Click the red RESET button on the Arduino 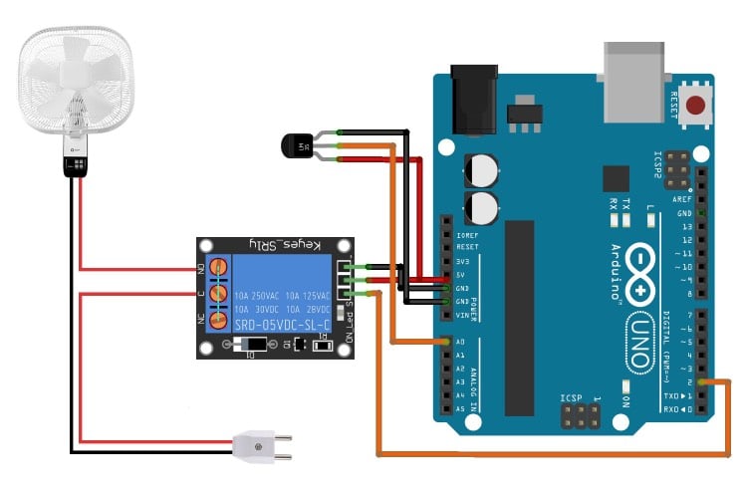pyautogui.click(x=696, y=105)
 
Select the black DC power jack pyautogui.click(x=473, y=100)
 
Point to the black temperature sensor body pyautogui.click(x=296, y=146)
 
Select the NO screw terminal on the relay pyautogui.click(x=213, y=269)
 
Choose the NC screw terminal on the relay pyautogui.click(x=213, y=319)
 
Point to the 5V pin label pyautogui.click(x=460, y=274)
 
